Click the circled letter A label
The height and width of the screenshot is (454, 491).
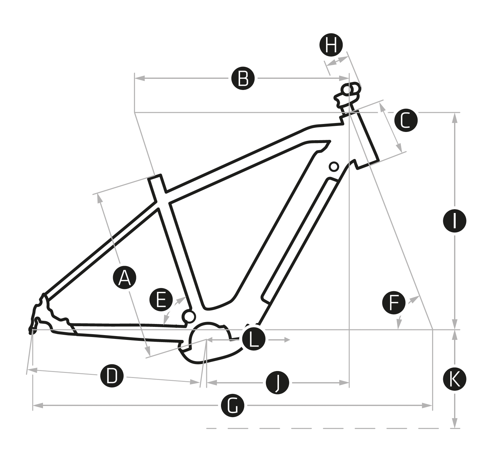coord(125,278)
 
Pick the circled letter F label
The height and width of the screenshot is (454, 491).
coord(394,303)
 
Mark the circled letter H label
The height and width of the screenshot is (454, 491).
coord(331,45)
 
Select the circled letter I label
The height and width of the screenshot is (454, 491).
coord(455,221)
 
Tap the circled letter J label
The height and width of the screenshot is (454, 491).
coord(277,383)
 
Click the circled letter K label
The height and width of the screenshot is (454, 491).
coord(455,379)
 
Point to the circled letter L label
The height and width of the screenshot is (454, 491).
coord(253,340)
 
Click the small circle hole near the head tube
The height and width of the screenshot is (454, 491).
coord(334,166)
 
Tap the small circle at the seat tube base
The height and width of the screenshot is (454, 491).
coord(188,316)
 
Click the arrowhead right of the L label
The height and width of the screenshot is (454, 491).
coord(287,340)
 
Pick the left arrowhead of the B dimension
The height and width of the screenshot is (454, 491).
coord(139,78)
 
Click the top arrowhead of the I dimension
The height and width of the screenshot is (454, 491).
coord(455,117)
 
